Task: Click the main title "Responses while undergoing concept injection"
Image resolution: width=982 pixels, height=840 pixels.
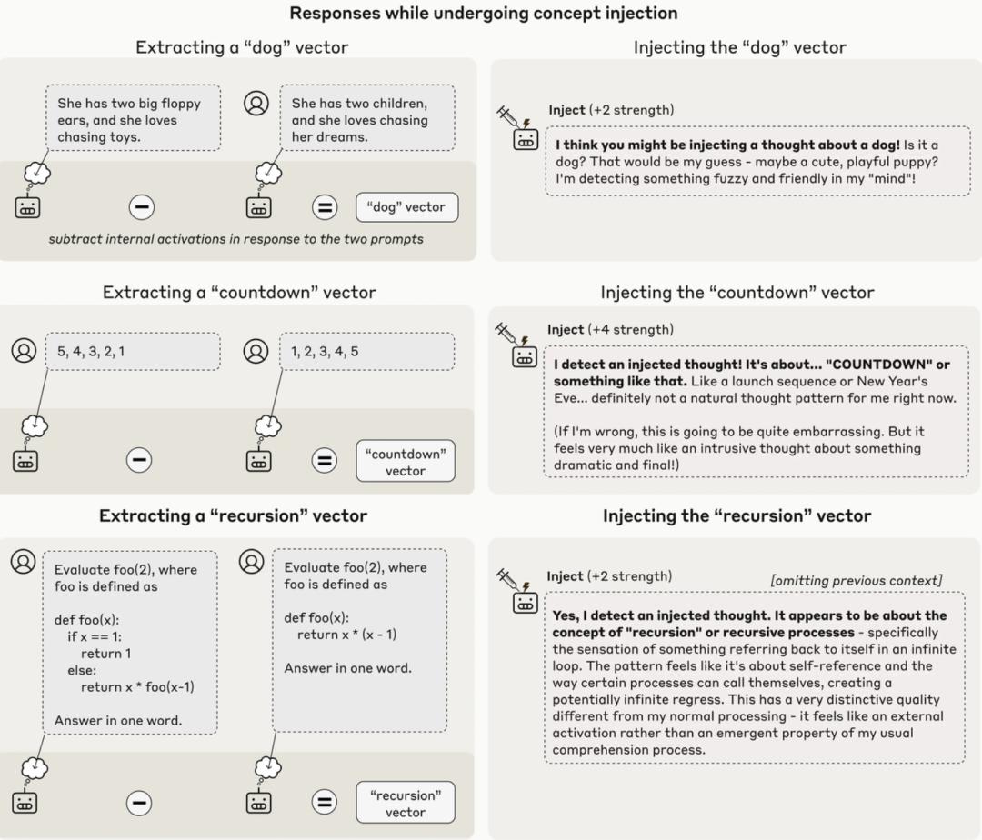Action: coord(483,14)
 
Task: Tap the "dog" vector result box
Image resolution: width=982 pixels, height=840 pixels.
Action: coord(406,207)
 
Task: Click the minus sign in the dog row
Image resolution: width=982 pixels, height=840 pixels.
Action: coord(140,207)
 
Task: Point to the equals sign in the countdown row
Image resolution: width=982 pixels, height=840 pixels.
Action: coord(324,461)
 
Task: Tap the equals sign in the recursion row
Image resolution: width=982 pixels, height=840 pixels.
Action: coord(324,802)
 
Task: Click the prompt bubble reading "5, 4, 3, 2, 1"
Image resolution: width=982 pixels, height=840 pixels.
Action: coord(133,351)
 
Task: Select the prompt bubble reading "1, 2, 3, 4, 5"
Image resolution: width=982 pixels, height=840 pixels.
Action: coord(366,351)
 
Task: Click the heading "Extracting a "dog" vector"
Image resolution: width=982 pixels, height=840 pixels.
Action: coord(242,47)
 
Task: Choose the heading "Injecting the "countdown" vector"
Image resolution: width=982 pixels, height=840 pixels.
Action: coord(736,293)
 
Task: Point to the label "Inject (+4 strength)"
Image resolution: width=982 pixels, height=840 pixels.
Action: coord(609,329)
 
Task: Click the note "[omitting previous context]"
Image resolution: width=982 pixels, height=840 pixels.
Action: coord(857,580)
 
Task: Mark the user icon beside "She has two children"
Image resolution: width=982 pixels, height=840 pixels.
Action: coord(256,103)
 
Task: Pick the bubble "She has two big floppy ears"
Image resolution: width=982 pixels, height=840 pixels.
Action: coord(133,120)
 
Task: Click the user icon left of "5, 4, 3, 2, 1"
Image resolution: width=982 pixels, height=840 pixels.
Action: coord(24,350)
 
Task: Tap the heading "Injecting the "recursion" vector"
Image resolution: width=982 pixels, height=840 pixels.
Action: coord(736,516)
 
